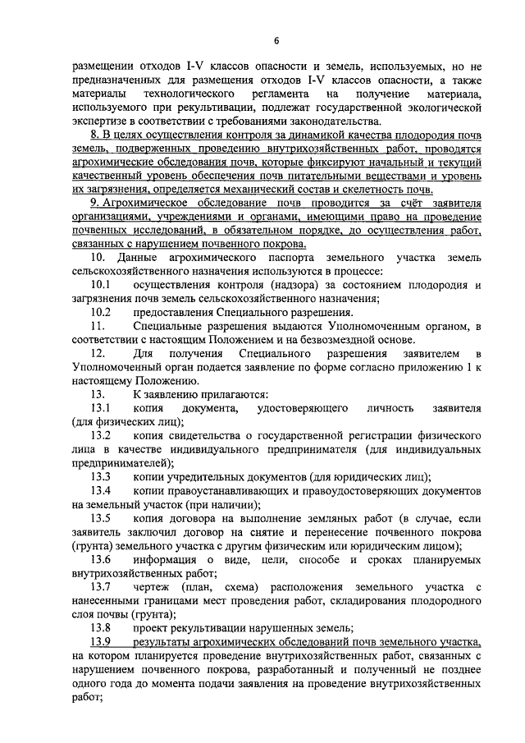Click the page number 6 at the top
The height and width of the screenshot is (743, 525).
click(x=276, y=40)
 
